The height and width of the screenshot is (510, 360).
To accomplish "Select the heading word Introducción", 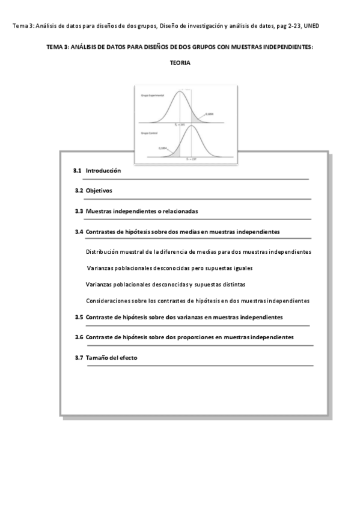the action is tap(103, 171).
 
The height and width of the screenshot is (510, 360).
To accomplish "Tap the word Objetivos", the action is tap(99, 191).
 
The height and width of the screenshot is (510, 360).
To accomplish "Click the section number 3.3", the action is tap(79, 211).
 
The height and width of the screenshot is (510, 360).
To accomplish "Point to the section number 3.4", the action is tap(79, 232).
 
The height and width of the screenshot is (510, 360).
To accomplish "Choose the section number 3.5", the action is tap(79, 317).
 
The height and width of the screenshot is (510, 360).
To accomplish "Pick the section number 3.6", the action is tap(79, 337).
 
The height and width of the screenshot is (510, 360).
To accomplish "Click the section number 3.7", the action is tap(79, 358).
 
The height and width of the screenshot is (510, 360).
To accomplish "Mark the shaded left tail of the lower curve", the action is tap(175, 152).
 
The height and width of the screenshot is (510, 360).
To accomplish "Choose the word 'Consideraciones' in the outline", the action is tap(110, 301).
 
